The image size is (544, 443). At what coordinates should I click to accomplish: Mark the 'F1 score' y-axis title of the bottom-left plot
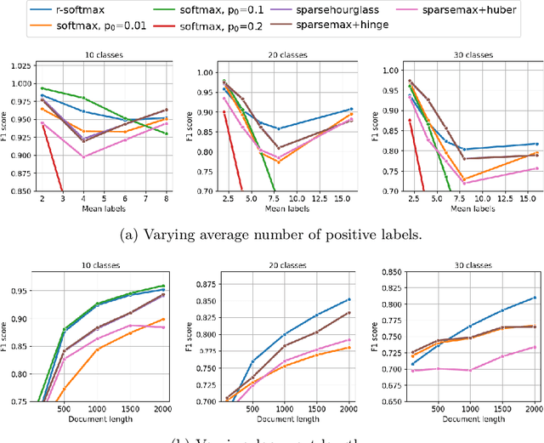(11, 337)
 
